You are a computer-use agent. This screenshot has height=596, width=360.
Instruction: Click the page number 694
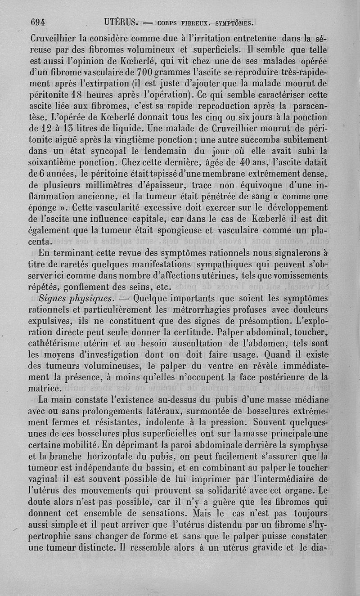click(x=40, y=22)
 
